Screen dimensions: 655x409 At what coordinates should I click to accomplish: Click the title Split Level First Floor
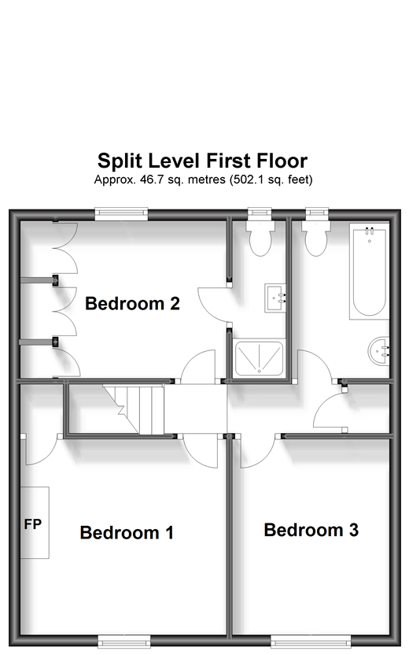203,161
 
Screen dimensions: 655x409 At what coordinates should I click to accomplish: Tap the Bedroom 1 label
127,533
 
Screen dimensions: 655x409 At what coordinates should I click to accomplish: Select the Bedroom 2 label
133,303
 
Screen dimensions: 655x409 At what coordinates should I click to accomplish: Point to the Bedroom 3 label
311,530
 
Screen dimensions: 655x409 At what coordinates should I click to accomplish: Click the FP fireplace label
33,524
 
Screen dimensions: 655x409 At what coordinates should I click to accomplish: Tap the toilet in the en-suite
259,236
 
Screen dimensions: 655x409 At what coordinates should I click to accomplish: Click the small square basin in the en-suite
276,297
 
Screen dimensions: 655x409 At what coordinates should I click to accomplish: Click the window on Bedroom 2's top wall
122,212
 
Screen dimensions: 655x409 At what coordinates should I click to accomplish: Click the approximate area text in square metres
203,179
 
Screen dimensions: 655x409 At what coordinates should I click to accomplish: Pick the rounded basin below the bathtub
379,348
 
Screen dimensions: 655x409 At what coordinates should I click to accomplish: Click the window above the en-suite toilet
259,212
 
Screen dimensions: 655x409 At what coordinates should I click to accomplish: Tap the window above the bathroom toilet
316,212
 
